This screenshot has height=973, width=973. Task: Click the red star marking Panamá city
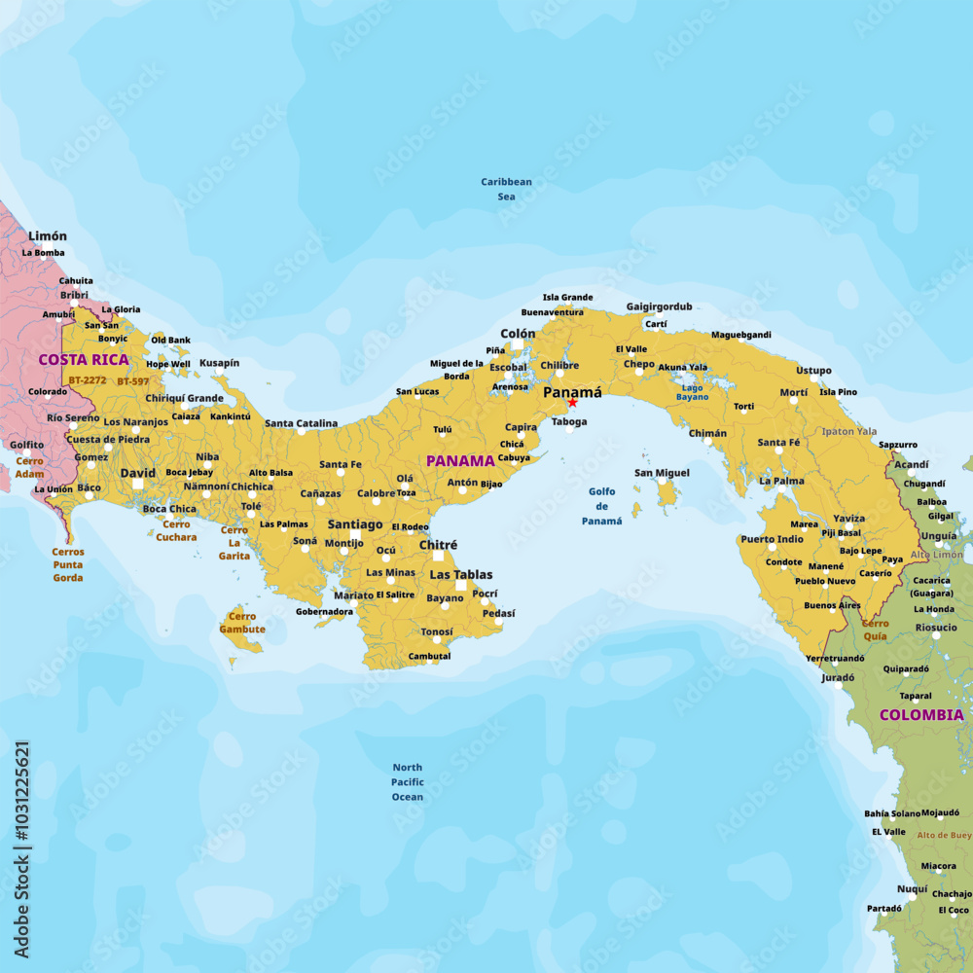click(572, 402)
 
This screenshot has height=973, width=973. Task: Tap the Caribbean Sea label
click(507, 189)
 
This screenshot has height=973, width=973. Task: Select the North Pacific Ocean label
click(408, 782)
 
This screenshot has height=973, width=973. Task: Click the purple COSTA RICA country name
click(84, 360)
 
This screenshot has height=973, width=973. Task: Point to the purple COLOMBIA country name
click(921, 715)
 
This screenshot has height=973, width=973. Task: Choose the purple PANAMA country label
click(460, 461)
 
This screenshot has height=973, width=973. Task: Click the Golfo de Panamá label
click(602, 506)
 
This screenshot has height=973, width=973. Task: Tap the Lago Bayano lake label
click(693, 391)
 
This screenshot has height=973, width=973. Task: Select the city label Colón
click(518, 334)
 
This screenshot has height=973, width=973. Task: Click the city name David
click(137, 473)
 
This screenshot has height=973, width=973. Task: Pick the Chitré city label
click(438, 545)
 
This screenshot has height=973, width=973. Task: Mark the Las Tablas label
click(461, 575)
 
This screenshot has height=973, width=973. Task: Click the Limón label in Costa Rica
click(48, 236)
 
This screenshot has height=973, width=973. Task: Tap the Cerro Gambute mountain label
click(241, 623)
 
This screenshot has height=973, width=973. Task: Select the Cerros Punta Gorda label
click(68, 564)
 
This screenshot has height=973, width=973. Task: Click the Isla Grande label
click(567, 298)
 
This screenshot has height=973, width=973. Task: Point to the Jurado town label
click(838, 677)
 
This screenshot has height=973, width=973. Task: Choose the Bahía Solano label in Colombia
click(891, 813)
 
